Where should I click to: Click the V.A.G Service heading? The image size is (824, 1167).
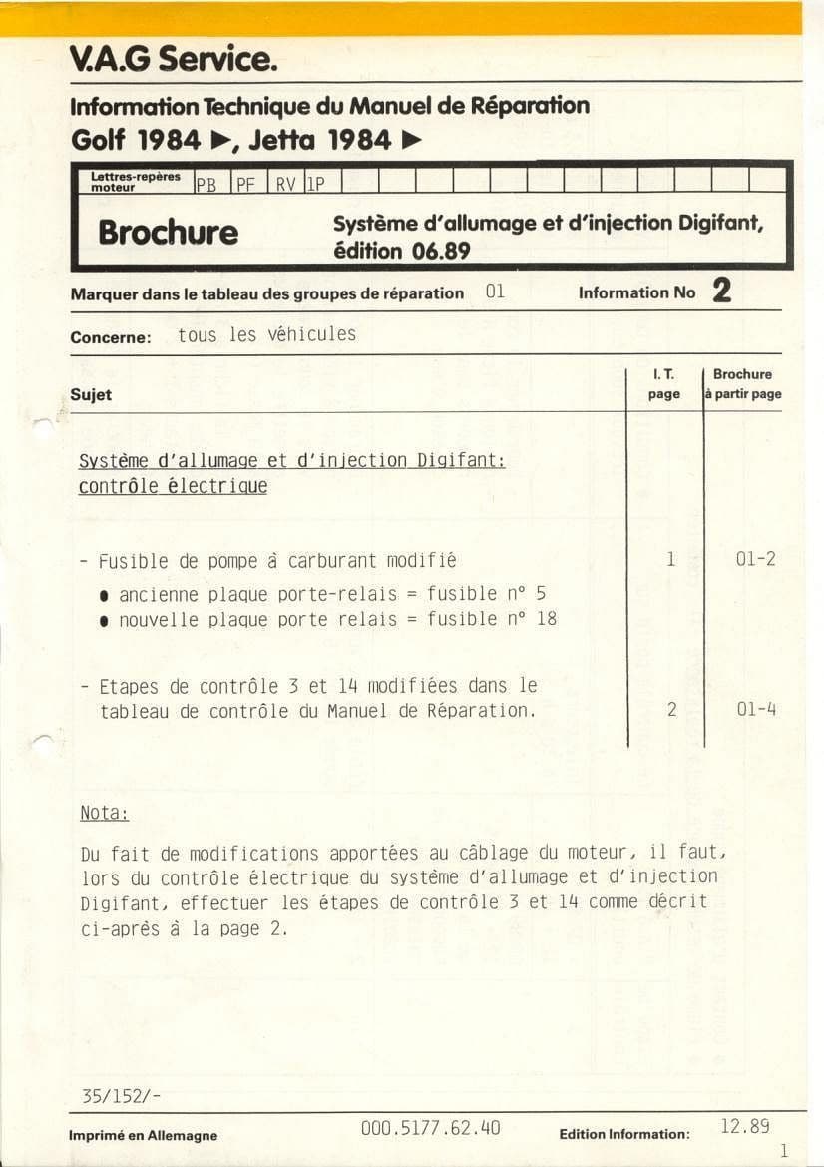172,61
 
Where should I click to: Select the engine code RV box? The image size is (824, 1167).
284,184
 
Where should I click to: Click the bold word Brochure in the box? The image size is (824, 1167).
168,233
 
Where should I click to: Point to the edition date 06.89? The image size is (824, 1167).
441,252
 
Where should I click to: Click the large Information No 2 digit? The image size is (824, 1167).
722,291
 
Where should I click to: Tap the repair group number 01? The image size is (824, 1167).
495,292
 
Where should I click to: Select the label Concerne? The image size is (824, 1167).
110,338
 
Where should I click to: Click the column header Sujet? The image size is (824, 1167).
91,395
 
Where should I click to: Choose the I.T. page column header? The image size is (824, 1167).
663,384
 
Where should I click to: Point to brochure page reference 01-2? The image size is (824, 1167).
755,560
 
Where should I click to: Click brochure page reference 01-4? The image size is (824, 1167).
756,710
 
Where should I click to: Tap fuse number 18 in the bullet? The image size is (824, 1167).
546,619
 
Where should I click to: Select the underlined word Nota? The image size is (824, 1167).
104,814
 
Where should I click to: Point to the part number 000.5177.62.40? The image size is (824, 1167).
431,1129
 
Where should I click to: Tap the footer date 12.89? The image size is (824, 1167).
744,1127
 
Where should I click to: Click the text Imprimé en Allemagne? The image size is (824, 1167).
143,1135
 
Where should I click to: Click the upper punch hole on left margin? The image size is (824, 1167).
43,427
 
